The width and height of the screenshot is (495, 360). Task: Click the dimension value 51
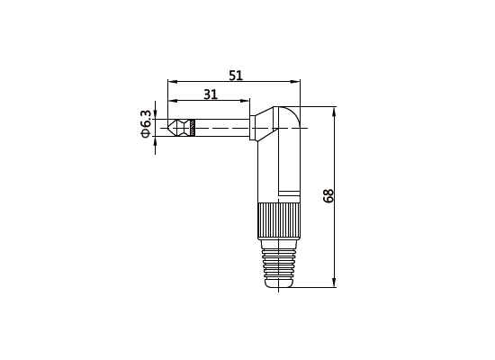coord(236,76)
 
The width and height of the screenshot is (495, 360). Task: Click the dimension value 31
coord(210,94)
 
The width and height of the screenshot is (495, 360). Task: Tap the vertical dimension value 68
coord(328,196)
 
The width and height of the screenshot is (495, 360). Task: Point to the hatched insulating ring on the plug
coord(193,128)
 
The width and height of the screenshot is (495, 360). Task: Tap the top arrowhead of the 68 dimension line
coord(335,112)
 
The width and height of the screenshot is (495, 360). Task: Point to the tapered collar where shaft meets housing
coord(257,128)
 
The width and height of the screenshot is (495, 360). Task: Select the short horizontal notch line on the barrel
coord(289,193)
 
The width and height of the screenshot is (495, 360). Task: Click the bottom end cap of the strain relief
coord(278,283)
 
